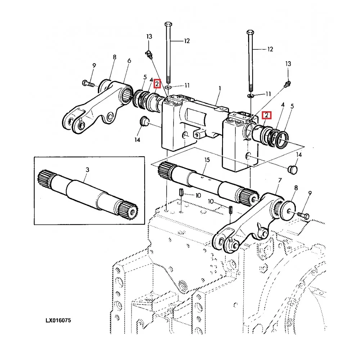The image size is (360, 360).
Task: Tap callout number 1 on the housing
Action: point(220,88)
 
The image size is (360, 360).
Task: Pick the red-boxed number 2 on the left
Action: point(157,84)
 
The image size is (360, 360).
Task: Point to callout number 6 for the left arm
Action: point(129,62)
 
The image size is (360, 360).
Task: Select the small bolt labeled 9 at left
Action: point(87,84)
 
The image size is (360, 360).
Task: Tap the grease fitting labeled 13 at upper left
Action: point(149,54)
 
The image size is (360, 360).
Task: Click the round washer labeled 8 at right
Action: point(288,209)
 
